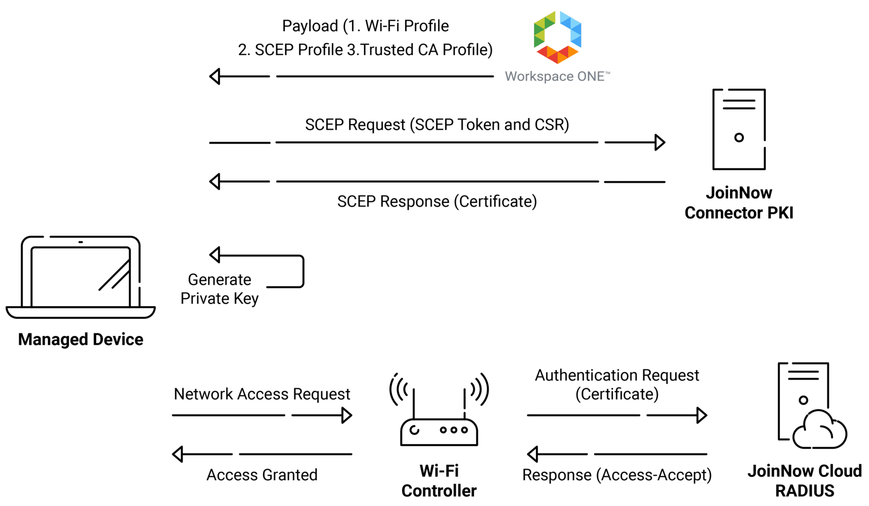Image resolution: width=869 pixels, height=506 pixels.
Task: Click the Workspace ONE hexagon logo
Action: [x=557, y=37]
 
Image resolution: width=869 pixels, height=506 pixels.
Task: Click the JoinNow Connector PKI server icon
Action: [x=739, y=129]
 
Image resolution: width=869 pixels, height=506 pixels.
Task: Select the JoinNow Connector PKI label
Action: [x=739, y=203]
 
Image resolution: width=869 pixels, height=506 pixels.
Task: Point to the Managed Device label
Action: [x=81, y=339]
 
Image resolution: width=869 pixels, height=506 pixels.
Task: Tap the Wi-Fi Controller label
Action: [x=439, y=481]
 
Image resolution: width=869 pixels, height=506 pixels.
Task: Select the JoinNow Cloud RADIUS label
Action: [x=805, y=481]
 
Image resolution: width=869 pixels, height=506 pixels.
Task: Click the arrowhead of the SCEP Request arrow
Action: [x=660, y=142]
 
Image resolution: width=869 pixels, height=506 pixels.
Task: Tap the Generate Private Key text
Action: [x=219, y=289]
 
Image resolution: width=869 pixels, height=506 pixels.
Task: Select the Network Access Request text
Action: [x=262, y=394]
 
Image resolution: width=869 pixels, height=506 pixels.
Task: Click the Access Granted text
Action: [x=262, y=475]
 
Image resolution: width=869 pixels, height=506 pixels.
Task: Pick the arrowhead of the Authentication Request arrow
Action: [x=702, y=415]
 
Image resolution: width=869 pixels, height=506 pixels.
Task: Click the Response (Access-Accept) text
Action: [x=617, y=475]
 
